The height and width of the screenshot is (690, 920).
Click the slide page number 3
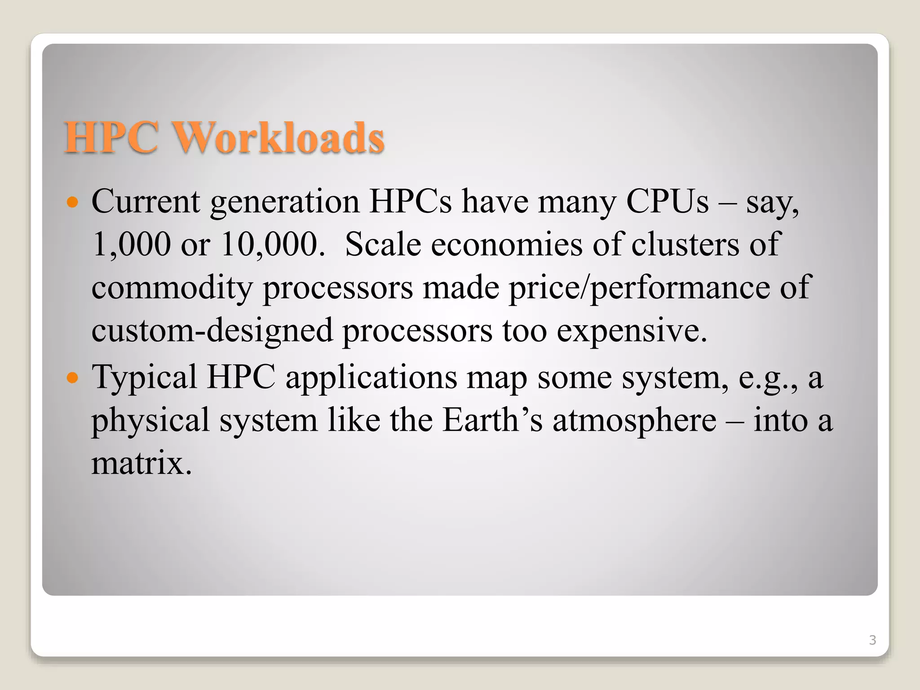872,640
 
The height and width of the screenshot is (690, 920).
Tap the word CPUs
667,202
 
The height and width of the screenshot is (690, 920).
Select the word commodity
172,288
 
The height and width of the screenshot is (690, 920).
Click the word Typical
144,378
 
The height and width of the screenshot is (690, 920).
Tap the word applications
371,378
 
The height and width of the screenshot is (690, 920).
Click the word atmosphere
634,421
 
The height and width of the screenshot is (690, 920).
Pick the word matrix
142,464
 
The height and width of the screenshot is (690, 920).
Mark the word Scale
383,245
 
